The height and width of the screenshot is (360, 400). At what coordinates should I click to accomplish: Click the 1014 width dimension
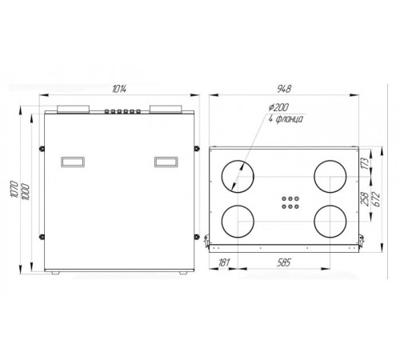(x=119, y=89)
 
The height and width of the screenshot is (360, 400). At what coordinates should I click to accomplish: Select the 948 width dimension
(x=283, y=89)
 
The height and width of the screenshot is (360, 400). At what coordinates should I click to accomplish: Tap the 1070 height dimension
(x=14, y=189)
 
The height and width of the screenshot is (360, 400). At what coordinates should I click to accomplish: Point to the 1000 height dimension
(x=26, y=192)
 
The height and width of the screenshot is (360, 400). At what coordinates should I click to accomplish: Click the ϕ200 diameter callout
(x=278, y=107)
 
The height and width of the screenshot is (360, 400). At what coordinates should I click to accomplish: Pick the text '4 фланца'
(x=286, y=119)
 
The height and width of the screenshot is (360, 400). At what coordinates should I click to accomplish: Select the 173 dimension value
(x=366, y=163)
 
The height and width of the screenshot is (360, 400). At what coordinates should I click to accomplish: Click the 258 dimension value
(x=365, y=199)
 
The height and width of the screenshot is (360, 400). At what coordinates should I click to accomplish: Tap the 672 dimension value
(x=376, y=199)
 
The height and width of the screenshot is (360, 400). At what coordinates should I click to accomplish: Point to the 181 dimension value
(x=223, y=262)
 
